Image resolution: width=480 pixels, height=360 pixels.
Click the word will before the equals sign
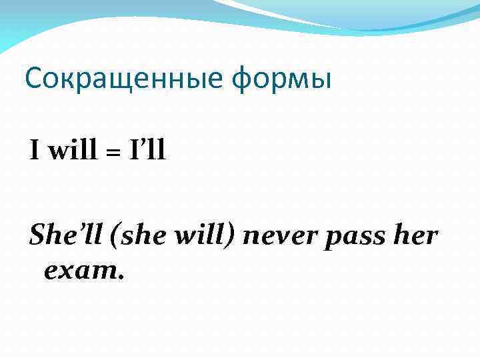click(x=68, y=151)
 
